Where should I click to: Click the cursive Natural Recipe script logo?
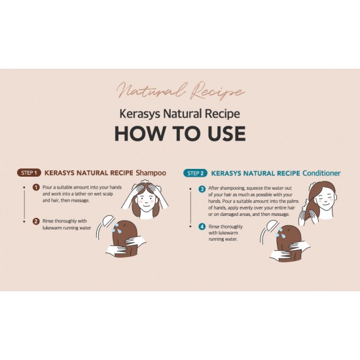pos(181,90)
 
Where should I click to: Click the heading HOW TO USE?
pos(180,133)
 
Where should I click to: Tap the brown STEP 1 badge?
pos(29,173)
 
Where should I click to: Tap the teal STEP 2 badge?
pos(195,173)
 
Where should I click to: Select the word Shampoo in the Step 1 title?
pos(151,173)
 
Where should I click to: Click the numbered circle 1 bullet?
pos(36,187)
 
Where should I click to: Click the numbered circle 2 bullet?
pos(36,221)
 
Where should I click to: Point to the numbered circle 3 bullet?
pos(202,189)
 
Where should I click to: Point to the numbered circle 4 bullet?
pos(202,226)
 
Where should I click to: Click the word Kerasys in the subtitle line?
pos(139,113)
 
